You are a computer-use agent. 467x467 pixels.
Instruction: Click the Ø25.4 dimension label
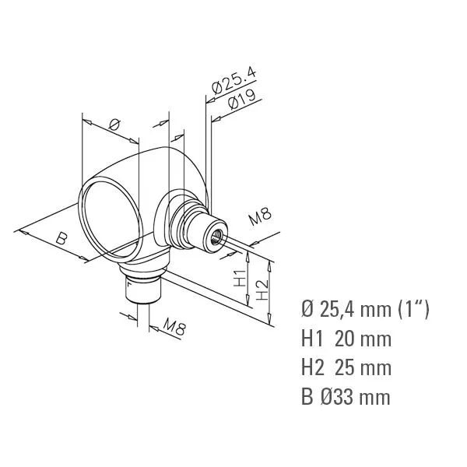[x=233, y=80]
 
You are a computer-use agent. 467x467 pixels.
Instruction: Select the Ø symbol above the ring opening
[x=114, y=125]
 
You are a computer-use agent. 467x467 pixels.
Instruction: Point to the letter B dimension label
[x=62, y=238]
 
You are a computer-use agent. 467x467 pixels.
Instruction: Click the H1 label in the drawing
[x=240, y=278]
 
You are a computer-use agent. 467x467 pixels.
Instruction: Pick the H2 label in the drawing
[x=263, y=290]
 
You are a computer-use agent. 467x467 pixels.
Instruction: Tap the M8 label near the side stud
[x=260, y=216]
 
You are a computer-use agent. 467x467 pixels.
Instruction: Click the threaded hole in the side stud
[x=215, y=237]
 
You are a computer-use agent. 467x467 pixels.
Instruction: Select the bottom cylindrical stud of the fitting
[x=143, y=290]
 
